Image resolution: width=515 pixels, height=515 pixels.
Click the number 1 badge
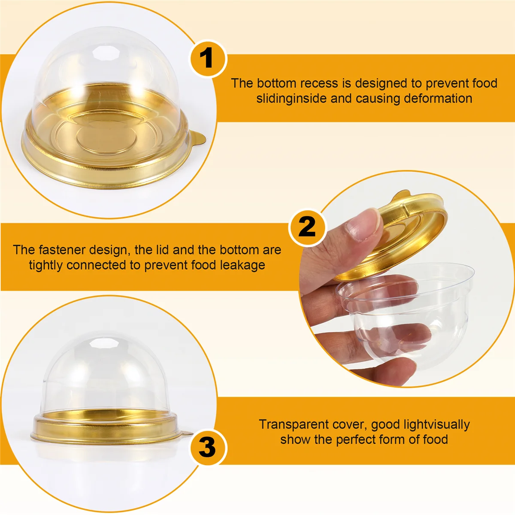tap(207, 58)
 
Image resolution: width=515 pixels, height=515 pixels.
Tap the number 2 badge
tap(307, 226)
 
